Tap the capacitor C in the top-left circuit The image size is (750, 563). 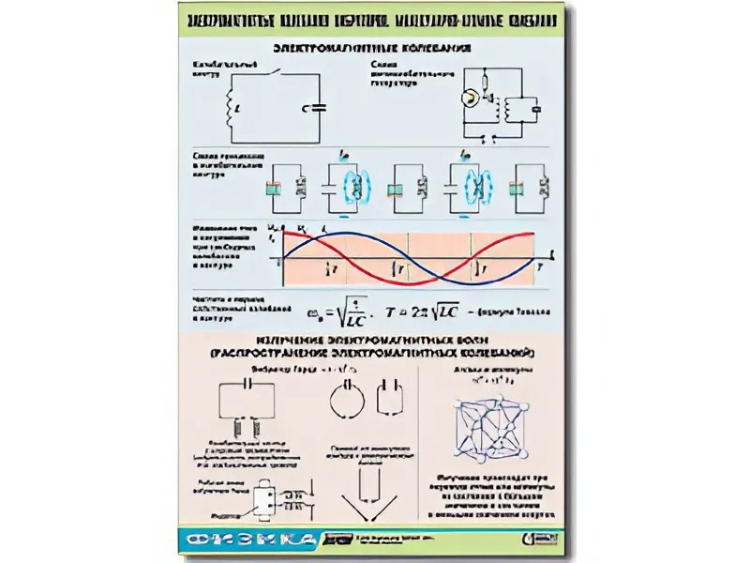pos(319,107)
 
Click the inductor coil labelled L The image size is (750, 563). pos(231,111)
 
